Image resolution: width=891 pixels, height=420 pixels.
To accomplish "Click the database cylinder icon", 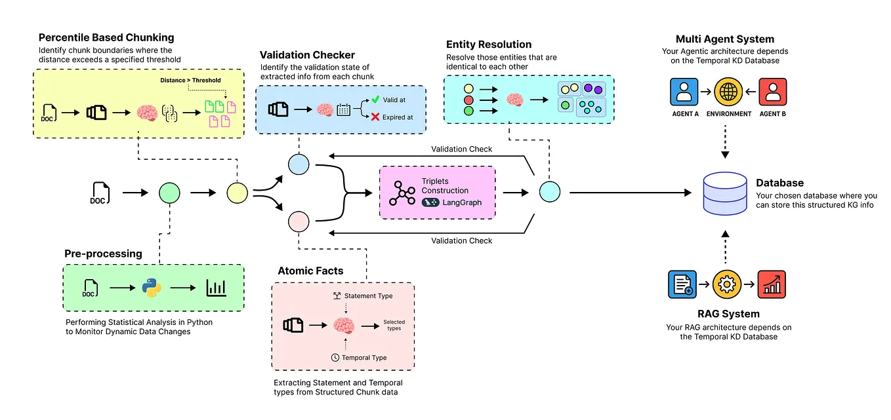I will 725,193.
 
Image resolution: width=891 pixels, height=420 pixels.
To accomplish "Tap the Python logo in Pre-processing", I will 152,288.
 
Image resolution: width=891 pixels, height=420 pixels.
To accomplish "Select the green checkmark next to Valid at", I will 375,100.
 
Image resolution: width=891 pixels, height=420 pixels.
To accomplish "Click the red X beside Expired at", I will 375,117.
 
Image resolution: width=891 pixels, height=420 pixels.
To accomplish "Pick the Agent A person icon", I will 684,92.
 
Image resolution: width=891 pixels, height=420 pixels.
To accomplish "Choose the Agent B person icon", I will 772,92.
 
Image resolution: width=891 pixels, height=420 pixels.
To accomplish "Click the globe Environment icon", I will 728,92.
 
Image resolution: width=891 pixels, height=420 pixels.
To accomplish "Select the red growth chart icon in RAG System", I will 772,285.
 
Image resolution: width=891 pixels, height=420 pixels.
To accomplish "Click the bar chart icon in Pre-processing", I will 216,288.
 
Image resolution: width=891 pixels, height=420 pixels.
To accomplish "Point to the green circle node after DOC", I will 169,193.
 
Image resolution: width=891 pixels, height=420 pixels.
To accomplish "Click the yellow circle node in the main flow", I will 236,193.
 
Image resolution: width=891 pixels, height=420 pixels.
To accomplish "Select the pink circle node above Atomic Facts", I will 299,221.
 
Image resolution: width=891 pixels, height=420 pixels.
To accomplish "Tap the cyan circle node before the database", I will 549,193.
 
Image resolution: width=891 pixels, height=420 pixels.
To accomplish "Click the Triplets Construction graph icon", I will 402,192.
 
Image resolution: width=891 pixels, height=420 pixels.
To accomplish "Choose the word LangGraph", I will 462,202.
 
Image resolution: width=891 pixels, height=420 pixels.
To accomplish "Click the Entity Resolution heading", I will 488,45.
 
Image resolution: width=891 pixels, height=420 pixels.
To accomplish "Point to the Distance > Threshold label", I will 190,81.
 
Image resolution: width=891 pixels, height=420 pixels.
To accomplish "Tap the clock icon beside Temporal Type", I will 335,358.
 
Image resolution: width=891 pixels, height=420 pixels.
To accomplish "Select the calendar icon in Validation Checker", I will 343,109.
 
